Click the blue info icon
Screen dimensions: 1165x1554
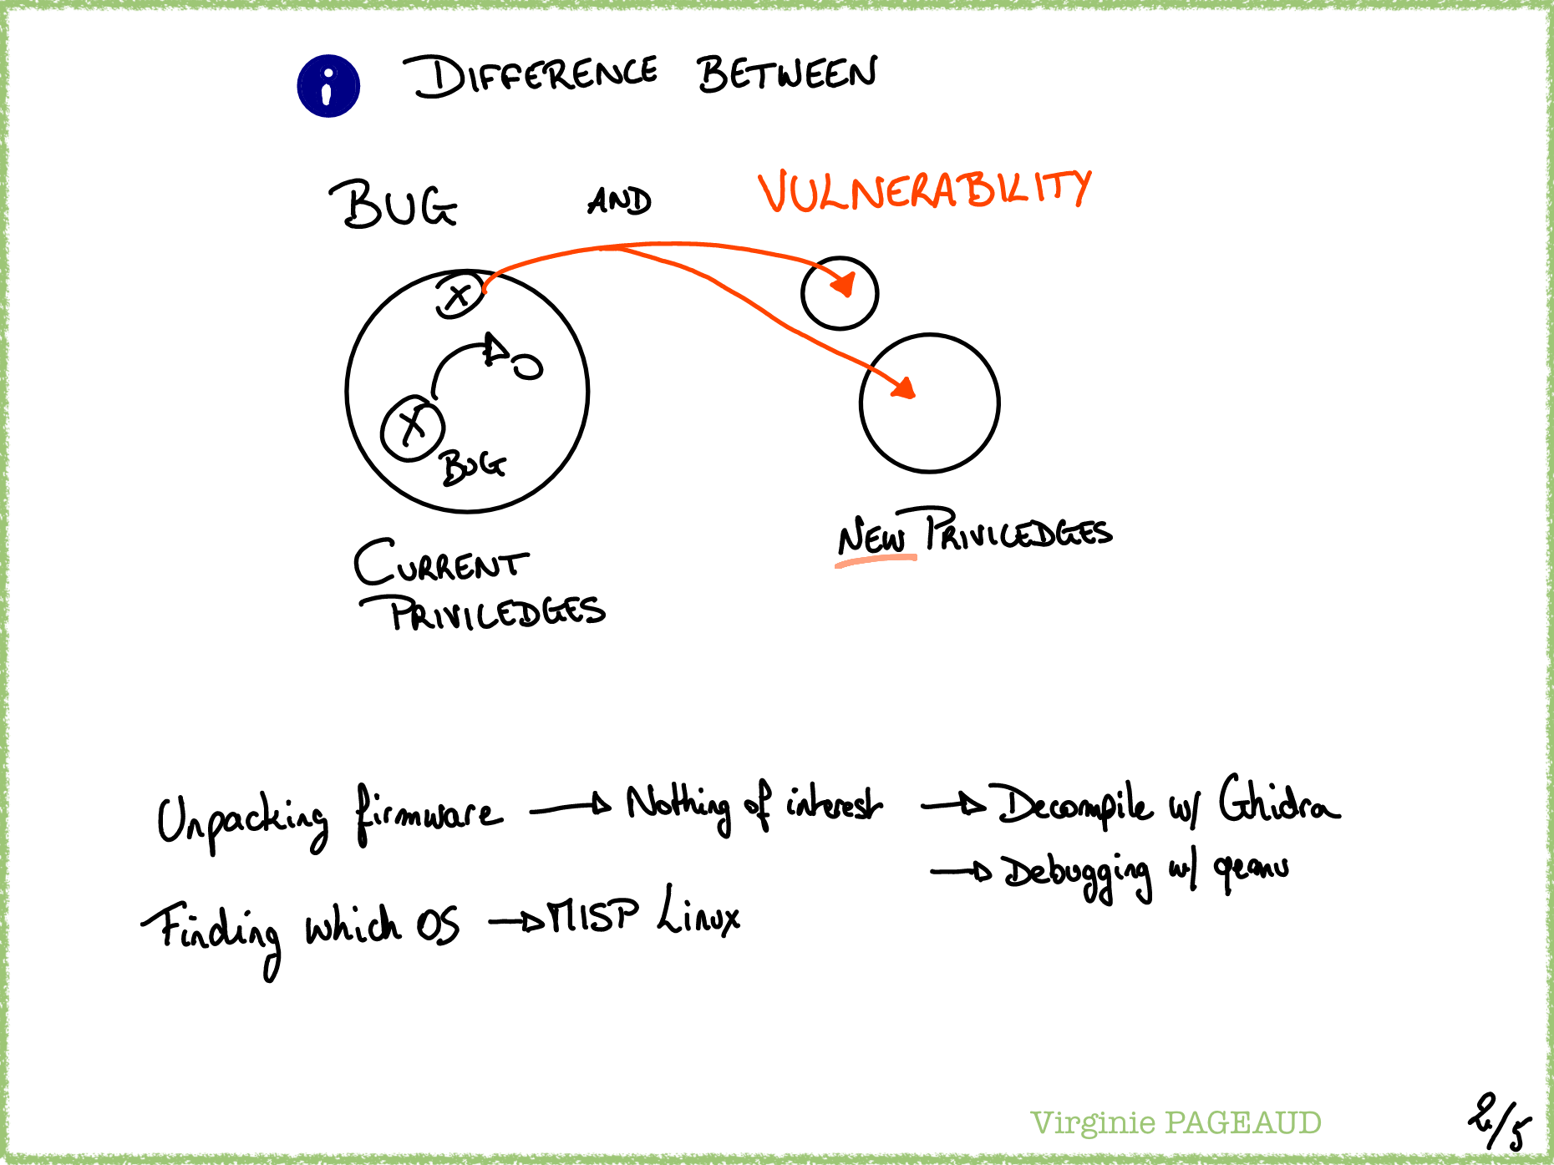click(x=328, y=86)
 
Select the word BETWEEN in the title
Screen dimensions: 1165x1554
click(x=786, y=73)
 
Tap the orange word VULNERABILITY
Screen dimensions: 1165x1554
click(x=924, y=190)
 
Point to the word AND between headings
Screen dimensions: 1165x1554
click(x=619, y=201)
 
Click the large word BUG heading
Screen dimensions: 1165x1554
click(x=394, y=205)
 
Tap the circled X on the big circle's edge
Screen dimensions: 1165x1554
click(x=459, y=295)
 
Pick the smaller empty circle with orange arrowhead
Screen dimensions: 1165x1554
click(x=840, y=293)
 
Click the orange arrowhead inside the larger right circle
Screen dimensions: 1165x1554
click(x=905, y=387)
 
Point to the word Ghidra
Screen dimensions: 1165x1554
click(x=1278, y=803)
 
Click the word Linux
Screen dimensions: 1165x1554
click(x=698, y=914)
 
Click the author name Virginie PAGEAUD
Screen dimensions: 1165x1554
click(x=1176, y=1123)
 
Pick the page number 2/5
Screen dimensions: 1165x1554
click(x=1499, y=1123)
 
